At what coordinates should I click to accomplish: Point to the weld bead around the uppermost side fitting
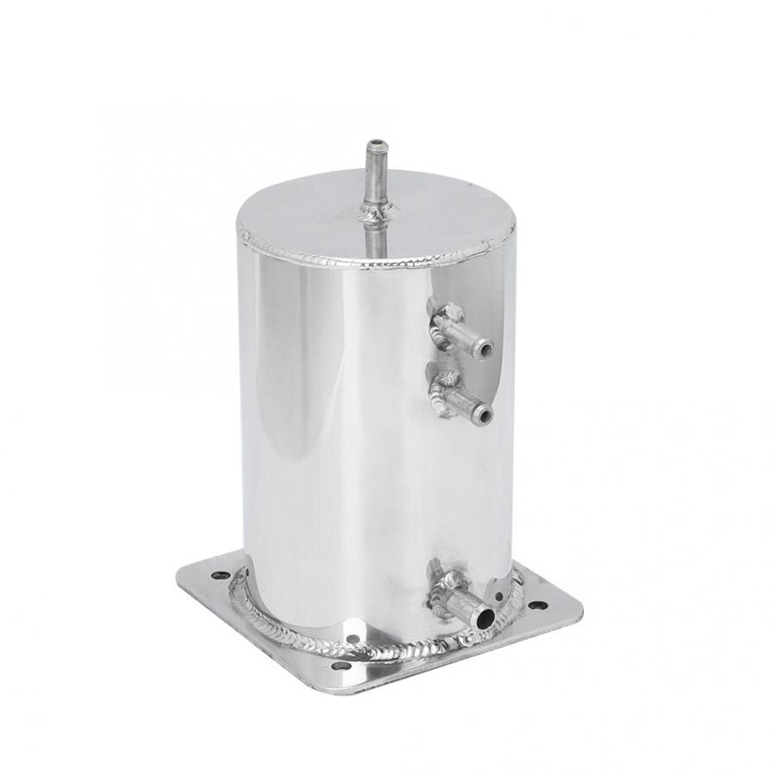pos(441,326)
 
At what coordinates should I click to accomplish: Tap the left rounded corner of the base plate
pos(183,576)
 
